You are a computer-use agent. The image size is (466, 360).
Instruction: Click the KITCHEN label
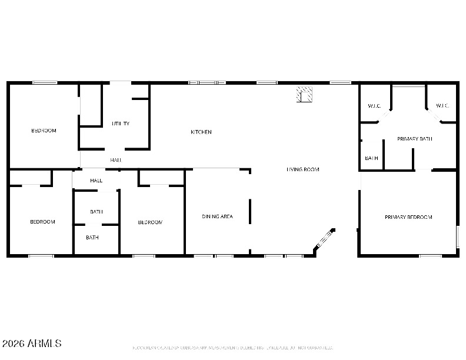point(201,132)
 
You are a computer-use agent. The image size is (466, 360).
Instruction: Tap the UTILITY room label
point(121,124)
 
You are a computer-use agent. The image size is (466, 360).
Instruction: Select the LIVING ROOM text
point(302,169)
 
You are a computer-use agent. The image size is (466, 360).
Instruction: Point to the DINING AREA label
point(217,216)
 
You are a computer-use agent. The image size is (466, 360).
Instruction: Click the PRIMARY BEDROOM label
point(408,217)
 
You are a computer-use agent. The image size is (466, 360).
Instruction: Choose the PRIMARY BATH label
point(415,139)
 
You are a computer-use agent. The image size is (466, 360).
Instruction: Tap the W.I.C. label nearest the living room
point(374,106)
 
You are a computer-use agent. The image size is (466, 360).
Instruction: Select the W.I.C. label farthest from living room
point(442,106)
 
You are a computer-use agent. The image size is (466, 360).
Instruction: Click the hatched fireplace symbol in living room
point(305,94)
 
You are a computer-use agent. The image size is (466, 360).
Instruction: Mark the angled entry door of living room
point(324,239)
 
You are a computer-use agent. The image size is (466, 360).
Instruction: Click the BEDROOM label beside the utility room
point(44,131)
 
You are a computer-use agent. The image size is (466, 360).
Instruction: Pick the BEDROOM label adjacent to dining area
point(150,222)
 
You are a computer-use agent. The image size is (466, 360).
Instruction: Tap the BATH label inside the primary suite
point(371,158)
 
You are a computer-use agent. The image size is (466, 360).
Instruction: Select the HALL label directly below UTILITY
point(116,160)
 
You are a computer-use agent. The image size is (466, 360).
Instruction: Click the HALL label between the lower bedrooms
point(96,181)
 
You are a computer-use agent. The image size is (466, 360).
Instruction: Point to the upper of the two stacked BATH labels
point(96,212)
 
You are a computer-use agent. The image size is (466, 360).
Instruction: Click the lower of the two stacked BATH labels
point(92,238)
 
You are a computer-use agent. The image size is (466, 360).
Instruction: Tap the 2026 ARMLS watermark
point(32,343)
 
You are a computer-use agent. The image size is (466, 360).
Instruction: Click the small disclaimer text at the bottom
point(232,348)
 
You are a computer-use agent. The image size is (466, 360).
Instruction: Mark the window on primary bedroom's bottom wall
point(430,255)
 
